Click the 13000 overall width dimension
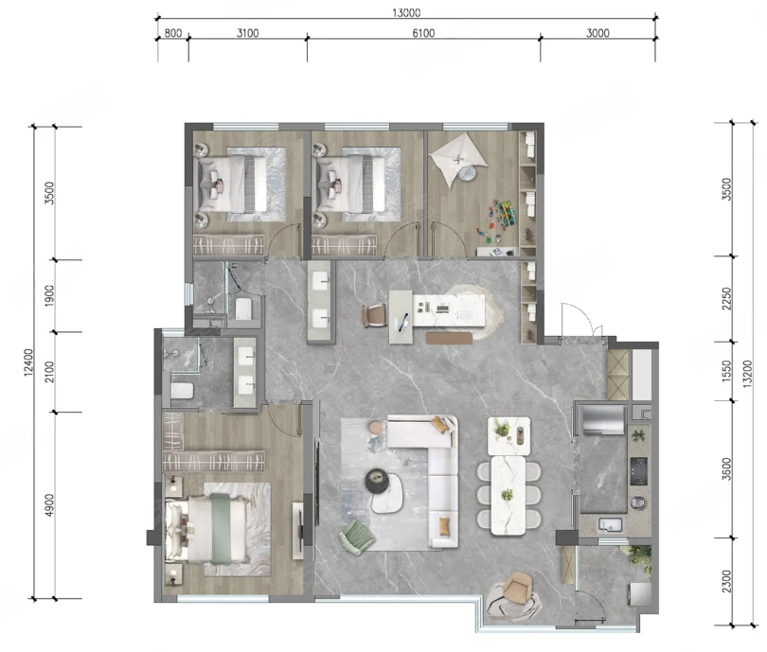pyautogui.click(x=406, y=12)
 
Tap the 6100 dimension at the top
pyautogui.click(x=423, y=33)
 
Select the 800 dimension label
pyautogui.click(x=173, y=33)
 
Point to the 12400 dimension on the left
pyautogui.click(x=28, y=362)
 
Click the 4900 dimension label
pyautogui.click(x=49, y=505)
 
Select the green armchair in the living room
pyautogui.click(x=357, y=537)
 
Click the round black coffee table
pyautogui.click(x=377, y=480)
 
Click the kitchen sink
pyautogui.click(x=610, y=525)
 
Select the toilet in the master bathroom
pyautogui.click(x=182, y=391)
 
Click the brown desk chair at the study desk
pyautogui.click(x=374, y=315)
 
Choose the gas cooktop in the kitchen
pyautogui.click(x=638, y=471)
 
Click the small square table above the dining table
pyautogui.click(x=508, y=436)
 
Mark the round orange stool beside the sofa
pyautogui.click(x=376, y=428)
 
